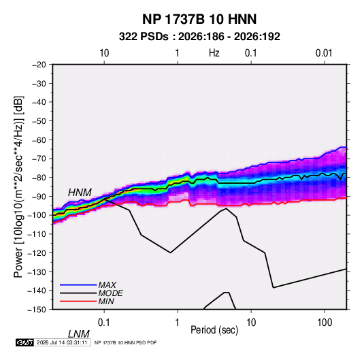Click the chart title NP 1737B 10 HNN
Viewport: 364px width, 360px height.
[x=199, y=19]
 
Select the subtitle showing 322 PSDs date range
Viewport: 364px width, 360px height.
[x=199, y=37]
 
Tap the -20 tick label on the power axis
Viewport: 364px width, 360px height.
[x=39, y=65]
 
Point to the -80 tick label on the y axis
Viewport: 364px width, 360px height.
[x=39, y=178]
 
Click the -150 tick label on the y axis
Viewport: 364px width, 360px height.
[x=37, y=310]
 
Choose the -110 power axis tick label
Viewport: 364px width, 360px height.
[x=37, y=234]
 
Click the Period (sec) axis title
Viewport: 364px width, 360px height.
[x=214, y=330]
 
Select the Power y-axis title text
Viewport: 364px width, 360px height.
[x=18, y=187]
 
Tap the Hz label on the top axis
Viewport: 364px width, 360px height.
[x=214, y=53]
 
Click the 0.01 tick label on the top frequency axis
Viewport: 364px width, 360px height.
[x=324, y=53]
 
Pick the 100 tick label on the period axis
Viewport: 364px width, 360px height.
[x=325, y=323]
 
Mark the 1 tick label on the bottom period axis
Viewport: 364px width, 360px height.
[x=178, y=323]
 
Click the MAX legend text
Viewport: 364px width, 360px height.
[x=107, y=284]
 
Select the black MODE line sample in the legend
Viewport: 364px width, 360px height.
[x=78, y=293]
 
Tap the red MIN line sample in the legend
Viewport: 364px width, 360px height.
[x=78, y=301]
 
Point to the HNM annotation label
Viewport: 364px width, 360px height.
[x=80, y=193]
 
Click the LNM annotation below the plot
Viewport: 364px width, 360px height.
[x=79, y=334]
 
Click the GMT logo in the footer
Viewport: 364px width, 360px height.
[x=24, y=342]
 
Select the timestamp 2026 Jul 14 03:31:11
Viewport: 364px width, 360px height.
[x=62, y=342]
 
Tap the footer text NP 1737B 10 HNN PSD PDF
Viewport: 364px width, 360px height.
[x=125, y=342]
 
